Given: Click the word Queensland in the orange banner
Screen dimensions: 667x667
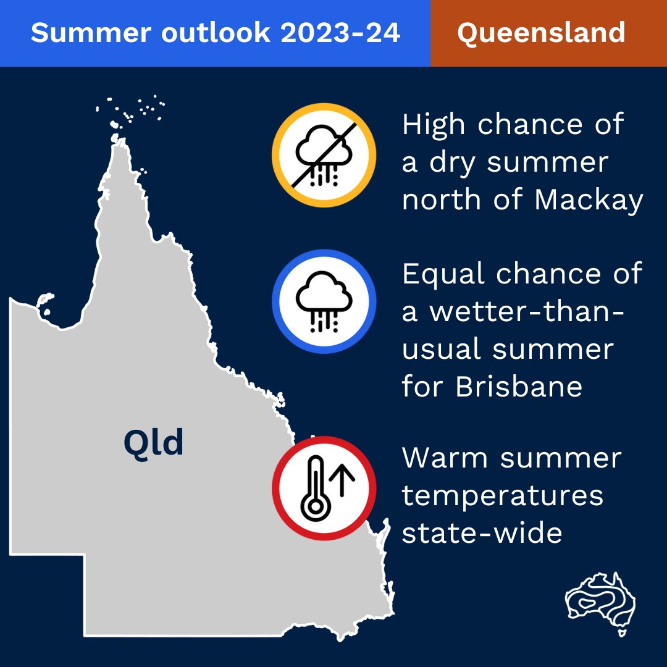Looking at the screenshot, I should coord(541,33).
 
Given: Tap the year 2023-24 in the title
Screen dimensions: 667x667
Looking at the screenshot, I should coord(340,33).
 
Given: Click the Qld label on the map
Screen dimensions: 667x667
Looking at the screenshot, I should coord(154,442).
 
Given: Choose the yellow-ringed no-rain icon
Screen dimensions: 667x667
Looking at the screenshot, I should coord(324,154).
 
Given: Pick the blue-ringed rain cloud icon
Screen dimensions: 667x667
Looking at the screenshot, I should coord(324,301).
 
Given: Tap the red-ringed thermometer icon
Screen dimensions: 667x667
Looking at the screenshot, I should coord(324,488).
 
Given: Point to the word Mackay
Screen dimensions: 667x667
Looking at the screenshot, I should coord(589,201).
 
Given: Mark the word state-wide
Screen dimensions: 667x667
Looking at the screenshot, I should coord(482,533).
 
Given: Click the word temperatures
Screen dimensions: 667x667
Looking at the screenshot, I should coord(503,496).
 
